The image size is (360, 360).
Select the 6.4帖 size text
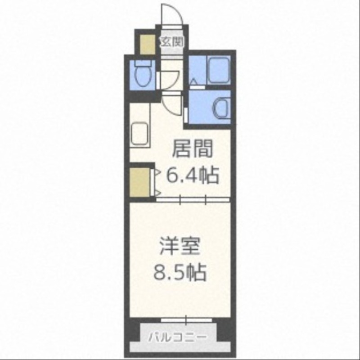pyautogui.click(x=192, y=175)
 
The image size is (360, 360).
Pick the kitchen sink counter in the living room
pyautogui.click(x=140, y=134)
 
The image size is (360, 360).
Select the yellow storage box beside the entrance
pyautogui.click(x=147, y=43)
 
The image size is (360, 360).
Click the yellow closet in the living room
pyautogui.click(x=140, y=181)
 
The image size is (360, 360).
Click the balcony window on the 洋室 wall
pyautogui.click(x=186, y=320)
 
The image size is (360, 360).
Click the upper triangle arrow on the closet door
pyautogui.click(x=157, y=171)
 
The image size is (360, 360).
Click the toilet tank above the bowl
pyautogui.click(x=143, y=64)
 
